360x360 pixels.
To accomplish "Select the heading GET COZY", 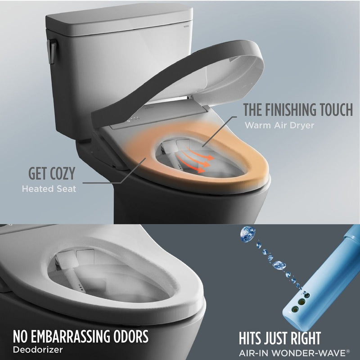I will coord(52,173).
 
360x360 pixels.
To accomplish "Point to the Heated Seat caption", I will coord(49,189).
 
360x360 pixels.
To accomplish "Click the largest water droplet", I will coord(247,233).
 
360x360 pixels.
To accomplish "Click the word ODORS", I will coord(132,337).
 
